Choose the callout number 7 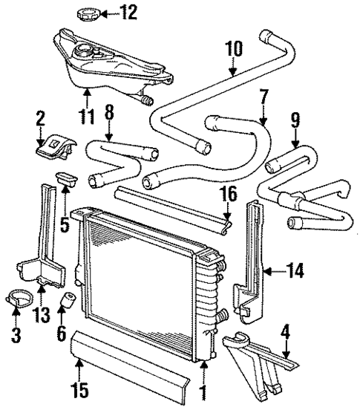coord(263,96)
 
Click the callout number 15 coord(76,388)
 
